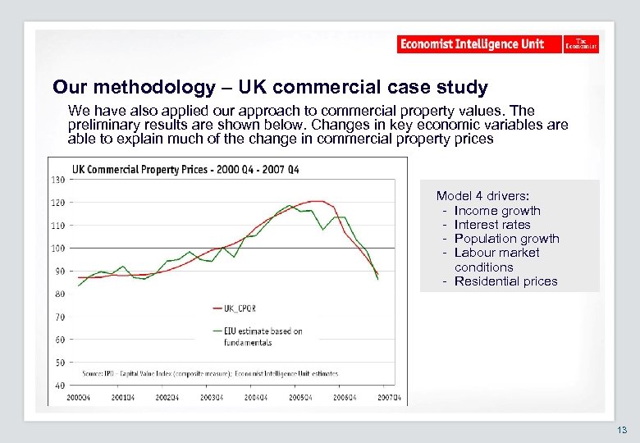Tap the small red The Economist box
click(582, 44)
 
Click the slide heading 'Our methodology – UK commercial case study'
click(270, 87)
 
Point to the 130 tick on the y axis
click(59, 180)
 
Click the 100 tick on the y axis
click(59, 248)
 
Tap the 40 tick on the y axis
click(60, 386)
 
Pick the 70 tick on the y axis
click(60, 317)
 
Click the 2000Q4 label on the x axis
click(78, 398)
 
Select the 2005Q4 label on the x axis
click(300, 398)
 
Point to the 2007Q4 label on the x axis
click(389, 398)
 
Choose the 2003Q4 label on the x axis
click(211, 398)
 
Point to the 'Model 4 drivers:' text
click(482, 196)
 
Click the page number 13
click(622, 430)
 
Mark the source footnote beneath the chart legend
click(209, 373)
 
